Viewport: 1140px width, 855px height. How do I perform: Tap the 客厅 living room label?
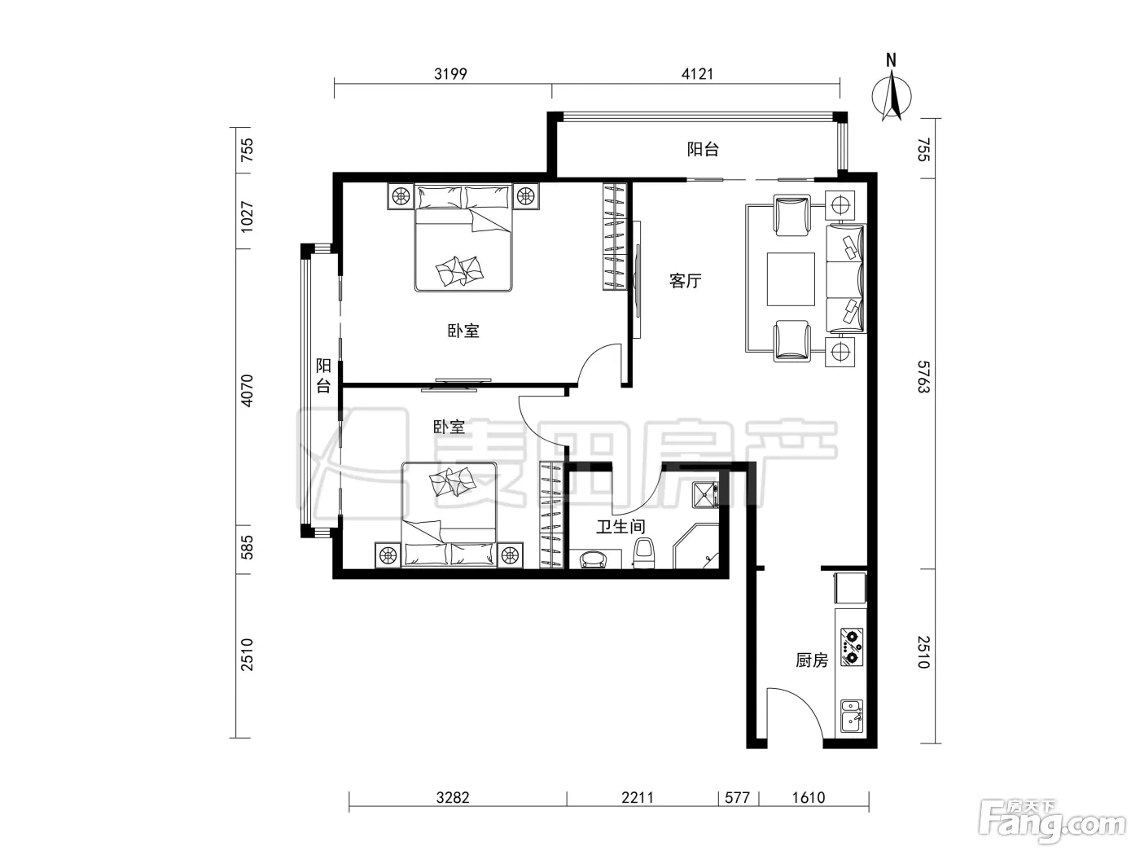[685, 281]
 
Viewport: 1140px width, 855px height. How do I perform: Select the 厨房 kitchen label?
[812, 660]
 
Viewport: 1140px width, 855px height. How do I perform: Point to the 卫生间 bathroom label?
[620, 527]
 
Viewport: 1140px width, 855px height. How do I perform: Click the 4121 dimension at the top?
[698, 74]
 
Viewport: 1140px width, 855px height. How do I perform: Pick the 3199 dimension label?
[450, 74]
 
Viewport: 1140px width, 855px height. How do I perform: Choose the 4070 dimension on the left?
[247, 390]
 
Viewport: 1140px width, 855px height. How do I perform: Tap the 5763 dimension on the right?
[923, 377]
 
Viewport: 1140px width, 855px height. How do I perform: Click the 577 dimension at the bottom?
[737, 797]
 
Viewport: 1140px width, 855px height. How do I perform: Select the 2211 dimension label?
[638, 797]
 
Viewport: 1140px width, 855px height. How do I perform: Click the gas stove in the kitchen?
[851, 647]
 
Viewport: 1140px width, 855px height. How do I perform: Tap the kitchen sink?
[851, 717]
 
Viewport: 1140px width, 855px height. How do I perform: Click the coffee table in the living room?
[791, 278]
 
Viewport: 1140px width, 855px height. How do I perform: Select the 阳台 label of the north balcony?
[703, 150]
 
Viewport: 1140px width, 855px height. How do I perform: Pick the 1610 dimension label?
[808, 797]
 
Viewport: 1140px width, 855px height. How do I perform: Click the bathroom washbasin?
[595, 559]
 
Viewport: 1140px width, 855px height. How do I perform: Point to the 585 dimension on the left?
[247, 548]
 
